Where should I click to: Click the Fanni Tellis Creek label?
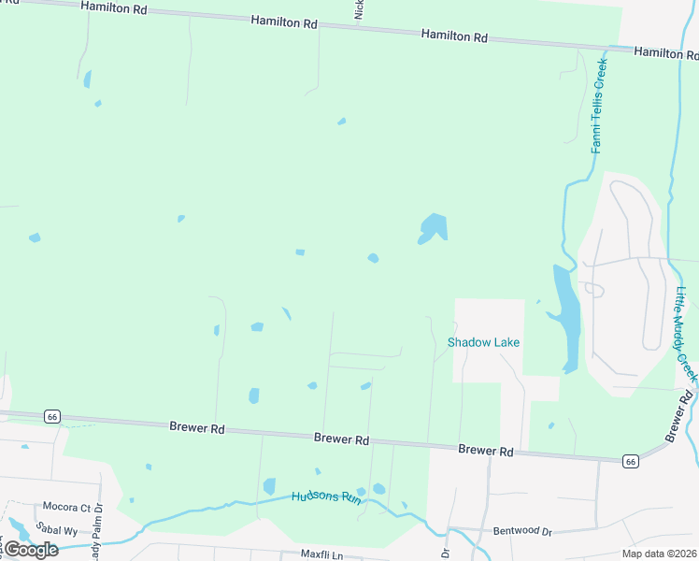(599, 106)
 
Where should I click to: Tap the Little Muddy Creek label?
(686, 332)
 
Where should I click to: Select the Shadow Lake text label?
(483, 342)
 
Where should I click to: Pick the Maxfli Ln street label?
(322, 554)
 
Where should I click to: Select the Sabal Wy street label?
(59, 530)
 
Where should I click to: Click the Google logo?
(31, 550)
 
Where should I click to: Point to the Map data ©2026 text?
(658, 554)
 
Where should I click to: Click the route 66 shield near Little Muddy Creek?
(631, 461)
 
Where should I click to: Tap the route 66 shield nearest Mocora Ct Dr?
(52, 415)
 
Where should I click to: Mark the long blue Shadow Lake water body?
(566, 313)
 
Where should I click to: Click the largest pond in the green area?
(434, 227)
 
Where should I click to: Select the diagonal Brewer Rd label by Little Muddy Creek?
(680, 416)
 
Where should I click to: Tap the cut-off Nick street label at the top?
(358, 9)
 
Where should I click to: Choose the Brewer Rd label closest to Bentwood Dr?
(486, 451)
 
